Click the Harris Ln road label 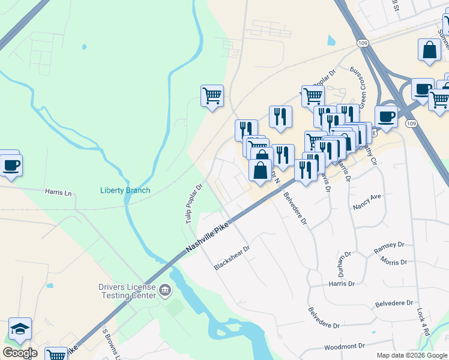coord(58,193)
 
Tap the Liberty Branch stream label coord(125,191)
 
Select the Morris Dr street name coord(394,263)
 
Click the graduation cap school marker coord(20,328)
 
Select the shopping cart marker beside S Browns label coord(56,354)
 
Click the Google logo coord(20,353)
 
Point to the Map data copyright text coord(411,355)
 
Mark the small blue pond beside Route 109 coord(331,41)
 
